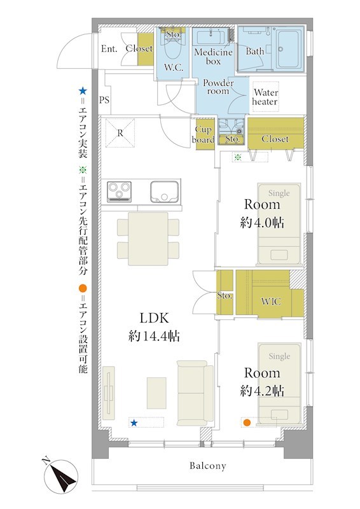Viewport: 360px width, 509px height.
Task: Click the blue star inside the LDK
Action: (134, 422)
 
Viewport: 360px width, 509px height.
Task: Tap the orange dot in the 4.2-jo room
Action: (247, 422)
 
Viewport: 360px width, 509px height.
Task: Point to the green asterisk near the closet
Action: (238, 157)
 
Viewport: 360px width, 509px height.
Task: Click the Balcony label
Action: (208, 466)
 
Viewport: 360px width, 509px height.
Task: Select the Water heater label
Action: (265, 97)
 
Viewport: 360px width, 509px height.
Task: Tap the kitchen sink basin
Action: (164, 192)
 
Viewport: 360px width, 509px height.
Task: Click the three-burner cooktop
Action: (120, 192)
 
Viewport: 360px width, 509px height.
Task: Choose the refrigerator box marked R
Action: (120, 133)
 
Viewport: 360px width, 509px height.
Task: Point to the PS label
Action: (104, 100)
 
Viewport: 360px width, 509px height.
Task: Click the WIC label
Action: (271, 302)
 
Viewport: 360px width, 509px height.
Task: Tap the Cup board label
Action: (203, 135)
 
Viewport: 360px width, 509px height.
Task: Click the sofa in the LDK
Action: (195, 393)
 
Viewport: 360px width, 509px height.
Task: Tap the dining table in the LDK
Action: (148, 239)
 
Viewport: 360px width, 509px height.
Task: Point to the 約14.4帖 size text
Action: (154, 337)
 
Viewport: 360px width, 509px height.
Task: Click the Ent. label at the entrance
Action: (109, 49)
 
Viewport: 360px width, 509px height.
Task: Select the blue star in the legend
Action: (83, 91)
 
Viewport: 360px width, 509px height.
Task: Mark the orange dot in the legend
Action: (83, 288)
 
